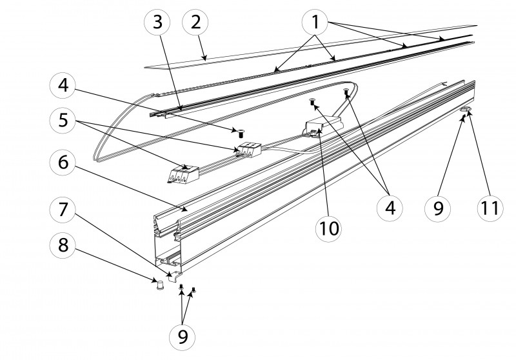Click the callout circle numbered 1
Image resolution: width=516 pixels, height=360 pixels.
(x=315, y=23)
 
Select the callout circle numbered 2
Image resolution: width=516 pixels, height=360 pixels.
(x=195, y=23)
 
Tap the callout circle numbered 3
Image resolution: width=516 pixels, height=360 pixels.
(x=157, y=23)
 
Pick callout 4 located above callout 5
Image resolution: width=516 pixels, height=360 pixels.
(x=63, y=85)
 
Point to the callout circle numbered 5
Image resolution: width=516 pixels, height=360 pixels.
(x=63, y=121)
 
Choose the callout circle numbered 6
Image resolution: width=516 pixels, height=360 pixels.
(x=63, y=162)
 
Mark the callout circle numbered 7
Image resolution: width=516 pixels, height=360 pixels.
(x=63, y=209)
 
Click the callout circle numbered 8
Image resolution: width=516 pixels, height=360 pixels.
(x=63, y=245)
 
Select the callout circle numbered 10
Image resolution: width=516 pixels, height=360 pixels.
(x=328, y=228)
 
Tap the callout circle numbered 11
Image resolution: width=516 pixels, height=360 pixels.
(x=490, y=208)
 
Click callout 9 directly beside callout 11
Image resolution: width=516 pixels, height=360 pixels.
(x=439, y=208)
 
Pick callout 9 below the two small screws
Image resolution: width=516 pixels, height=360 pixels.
(x=183, y=337)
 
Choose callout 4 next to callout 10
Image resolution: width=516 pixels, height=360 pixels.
(x=390, y=208)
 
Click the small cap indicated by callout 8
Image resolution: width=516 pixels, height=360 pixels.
(x=160, y=285)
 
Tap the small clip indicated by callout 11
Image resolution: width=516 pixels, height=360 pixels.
(x=466, y=110)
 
